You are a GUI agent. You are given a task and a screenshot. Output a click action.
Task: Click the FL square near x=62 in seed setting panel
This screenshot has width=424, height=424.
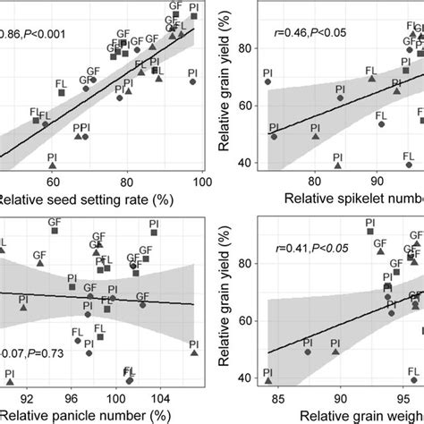tap(37, 120)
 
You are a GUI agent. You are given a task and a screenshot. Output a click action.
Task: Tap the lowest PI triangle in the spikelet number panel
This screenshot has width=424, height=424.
tap(337, 165)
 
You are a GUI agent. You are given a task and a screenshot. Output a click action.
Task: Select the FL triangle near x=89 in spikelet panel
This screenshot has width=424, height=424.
tap(372, 79)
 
